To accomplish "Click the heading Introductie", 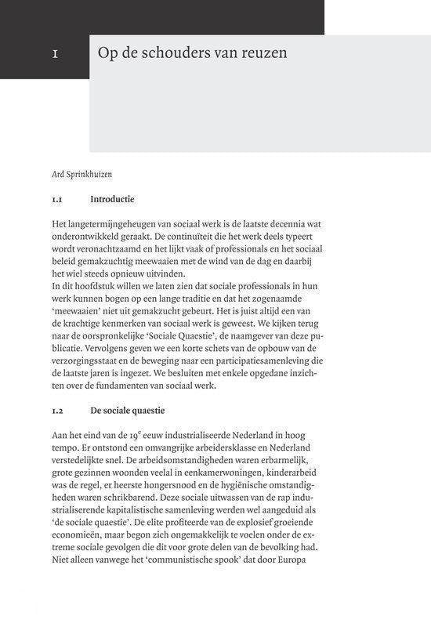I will point(112,199).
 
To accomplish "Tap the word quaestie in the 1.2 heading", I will point(145,410).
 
